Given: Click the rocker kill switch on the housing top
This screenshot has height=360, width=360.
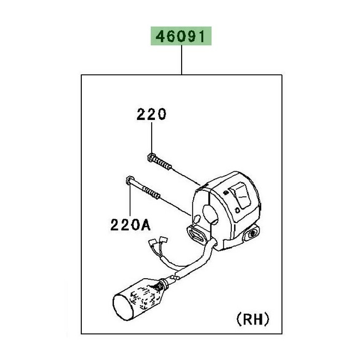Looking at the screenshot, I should pos(239,191).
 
